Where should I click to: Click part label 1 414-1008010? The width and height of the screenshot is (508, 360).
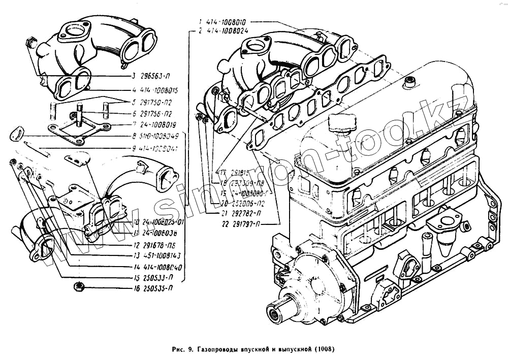pyautogui.click(x=226, y=22)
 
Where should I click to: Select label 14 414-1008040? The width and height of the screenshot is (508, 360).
pyautogui.click(x=159, y=267)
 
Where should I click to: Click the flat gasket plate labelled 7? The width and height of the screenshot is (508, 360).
pyautogui.click(x=76, y=129)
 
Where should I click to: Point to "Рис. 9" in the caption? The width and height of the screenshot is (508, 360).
pyautogui.click(x=181, y=350)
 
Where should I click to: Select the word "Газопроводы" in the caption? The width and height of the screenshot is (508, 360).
pyautogui.click(x=215, y=350)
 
